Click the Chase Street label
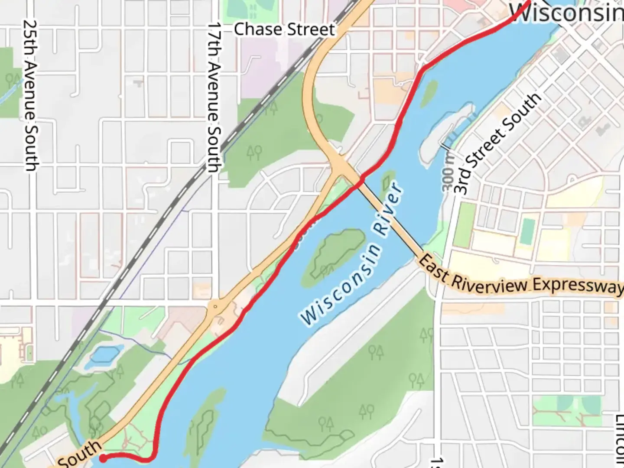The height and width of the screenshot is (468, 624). coord(284,29)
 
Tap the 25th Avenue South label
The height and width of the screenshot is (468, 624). coord(30,95)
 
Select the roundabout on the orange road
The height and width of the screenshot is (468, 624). coord(215,307)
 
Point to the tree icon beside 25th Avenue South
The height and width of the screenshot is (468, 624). coord(13,80)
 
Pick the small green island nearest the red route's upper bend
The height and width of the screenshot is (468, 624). coord(429,91)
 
